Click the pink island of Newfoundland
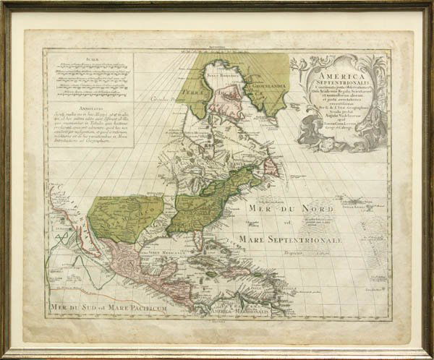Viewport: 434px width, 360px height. click(x=268, y=167)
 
